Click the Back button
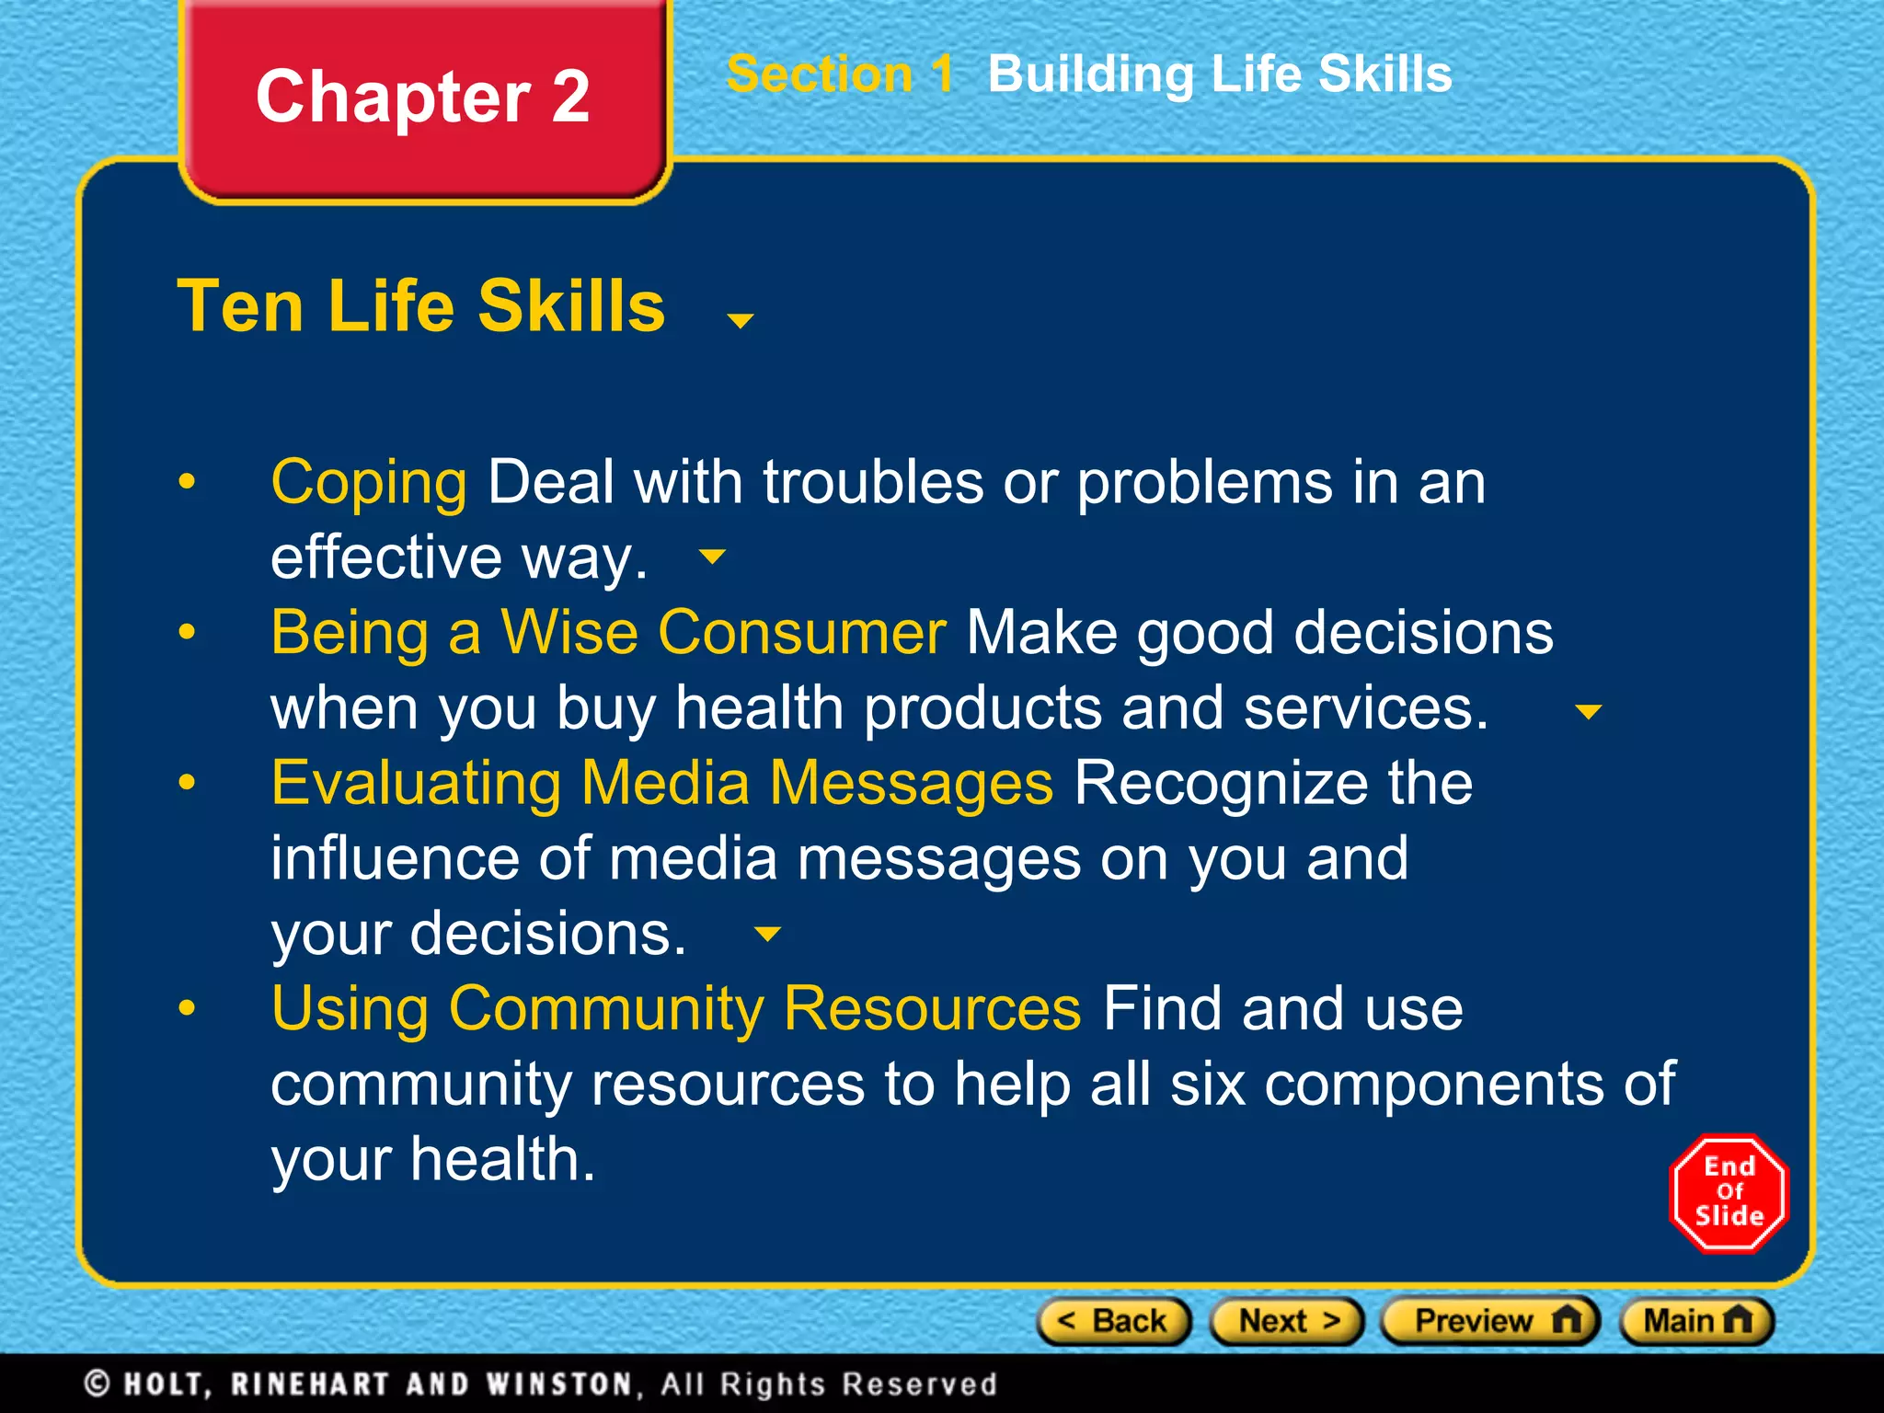coord(1114,1321)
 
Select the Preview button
coord(1490,1321)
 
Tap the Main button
coord(1696,1321)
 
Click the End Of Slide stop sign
coord(1729,1192)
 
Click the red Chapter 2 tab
coord(423,97)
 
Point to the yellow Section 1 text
coord(840,74)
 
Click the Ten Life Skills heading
coord(421,305)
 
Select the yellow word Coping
coord(369,482)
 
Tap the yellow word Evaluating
coord(416,783)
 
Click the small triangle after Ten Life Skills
coord(741,320)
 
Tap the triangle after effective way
coord(713,556)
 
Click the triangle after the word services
coord(1589,711)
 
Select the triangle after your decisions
coord(767,934)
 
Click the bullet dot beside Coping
coord(188,481)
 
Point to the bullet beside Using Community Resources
coord(188,1008)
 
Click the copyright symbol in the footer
coord(98,1384)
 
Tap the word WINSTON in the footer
coord(559,1384)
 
